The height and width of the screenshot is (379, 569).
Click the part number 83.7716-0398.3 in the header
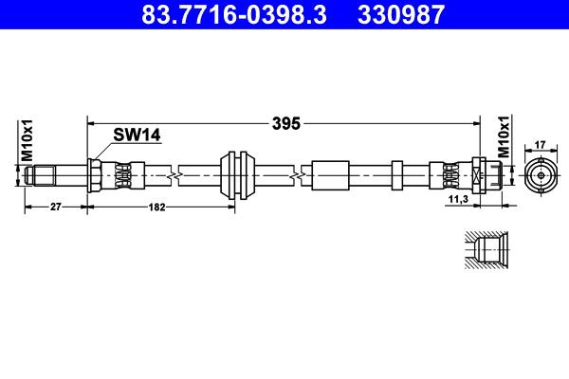234,14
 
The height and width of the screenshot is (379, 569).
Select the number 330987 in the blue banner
401,14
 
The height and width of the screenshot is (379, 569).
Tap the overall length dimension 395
286,124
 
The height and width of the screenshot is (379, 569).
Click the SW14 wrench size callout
137,135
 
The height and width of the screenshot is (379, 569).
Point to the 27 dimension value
56,207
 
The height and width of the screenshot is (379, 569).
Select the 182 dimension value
156,208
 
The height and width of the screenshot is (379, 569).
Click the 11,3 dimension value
458,199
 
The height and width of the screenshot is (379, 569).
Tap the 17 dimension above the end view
541,145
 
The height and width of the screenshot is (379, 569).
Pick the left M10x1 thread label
27,140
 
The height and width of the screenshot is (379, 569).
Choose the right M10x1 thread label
504,136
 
